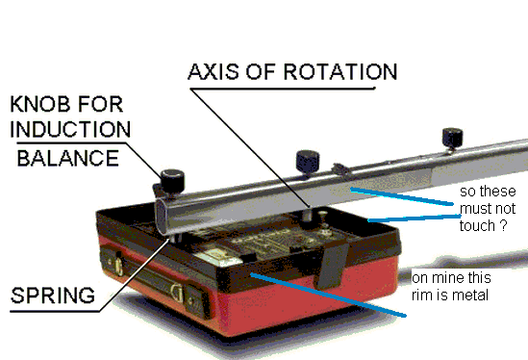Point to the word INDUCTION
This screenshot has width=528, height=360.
coord(70,129)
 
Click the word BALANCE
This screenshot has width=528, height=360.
coord(68,158)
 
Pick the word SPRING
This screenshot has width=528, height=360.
coord(53,296)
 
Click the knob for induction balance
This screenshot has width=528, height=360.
coord(172,181)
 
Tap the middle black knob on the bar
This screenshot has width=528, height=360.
coord(308,162)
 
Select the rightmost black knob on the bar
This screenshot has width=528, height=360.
coord(452,138)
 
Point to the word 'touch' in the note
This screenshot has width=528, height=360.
coord(477,226)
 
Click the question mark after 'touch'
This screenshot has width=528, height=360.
coord(503,226)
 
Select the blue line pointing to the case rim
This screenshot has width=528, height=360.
coord(328,296)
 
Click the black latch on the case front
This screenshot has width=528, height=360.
coord(332,267)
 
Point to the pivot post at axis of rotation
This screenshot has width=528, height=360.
coord(307,216)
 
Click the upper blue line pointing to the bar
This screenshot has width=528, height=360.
coord(402,196)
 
